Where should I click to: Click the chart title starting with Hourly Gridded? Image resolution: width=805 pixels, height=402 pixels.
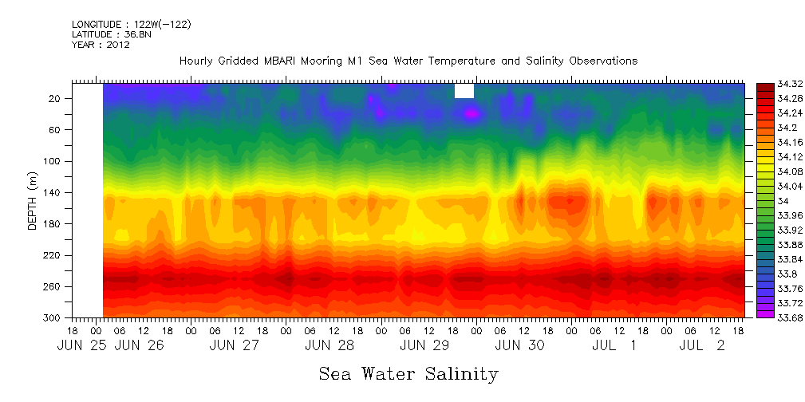(408, 61)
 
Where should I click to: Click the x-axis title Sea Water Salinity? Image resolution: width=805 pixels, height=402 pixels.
(408, 373)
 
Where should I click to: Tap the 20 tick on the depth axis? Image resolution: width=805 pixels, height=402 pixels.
(55, 98)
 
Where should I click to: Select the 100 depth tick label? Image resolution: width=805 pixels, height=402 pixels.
(53, 161)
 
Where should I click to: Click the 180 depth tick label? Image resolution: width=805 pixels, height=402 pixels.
(53, 224)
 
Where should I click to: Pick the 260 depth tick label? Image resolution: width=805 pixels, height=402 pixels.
(53, 286)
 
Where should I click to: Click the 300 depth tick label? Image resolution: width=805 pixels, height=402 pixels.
(53, 317)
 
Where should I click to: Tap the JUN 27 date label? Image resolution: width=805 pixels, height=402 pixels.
(235, 346)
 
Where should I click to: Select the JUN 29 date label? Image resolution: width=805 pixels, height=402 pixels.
(424, 346)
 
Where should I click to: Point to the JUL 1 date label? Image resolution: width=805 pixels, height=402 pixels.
(614, 346)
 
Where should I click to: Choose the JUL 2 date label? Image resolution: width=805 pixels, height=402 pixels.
(702, 346)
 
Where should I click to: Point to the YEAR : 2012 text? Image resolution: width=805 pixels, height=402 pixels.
(101, 45)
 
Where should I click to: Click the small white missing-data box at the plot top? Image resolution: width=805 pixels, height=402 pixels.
(464, 91)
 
